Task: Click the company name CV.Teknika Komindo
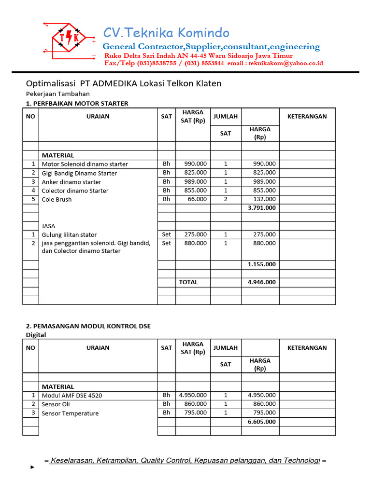(166, 33)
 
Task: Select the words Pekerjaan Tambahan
(57, 94)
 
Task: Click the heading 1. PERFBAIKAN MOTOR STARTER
(77, 103)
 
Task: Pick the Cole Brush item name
(57, 199)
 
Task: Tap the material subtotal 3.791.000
(262, 208)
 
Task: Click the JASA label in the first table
(49, 225)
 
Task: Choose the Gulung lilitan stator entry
(69, 234)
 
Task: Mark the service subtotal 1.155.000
(262, 264)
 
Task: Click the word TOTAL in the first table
(188, 282)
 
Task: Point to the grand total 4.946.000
(262, 282)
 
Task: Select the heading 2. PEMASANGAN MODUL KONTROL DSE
(88, 326)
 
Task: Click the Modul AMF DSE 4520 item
(72, 396)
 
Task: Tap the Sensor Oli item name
(56, 404)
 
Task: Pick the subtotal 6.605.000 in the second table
(262, 422)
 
